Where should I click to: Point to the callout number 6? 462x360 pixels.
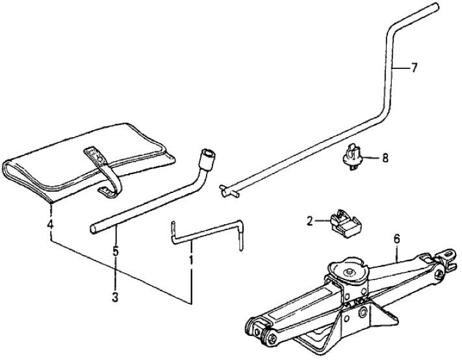[396, 239]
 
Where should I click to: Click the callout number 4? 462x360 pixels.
[49, 225]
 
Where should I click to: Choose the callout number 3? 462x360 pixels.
[116, 298]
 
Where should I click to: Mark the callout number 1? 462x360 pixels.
[191, 259]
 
